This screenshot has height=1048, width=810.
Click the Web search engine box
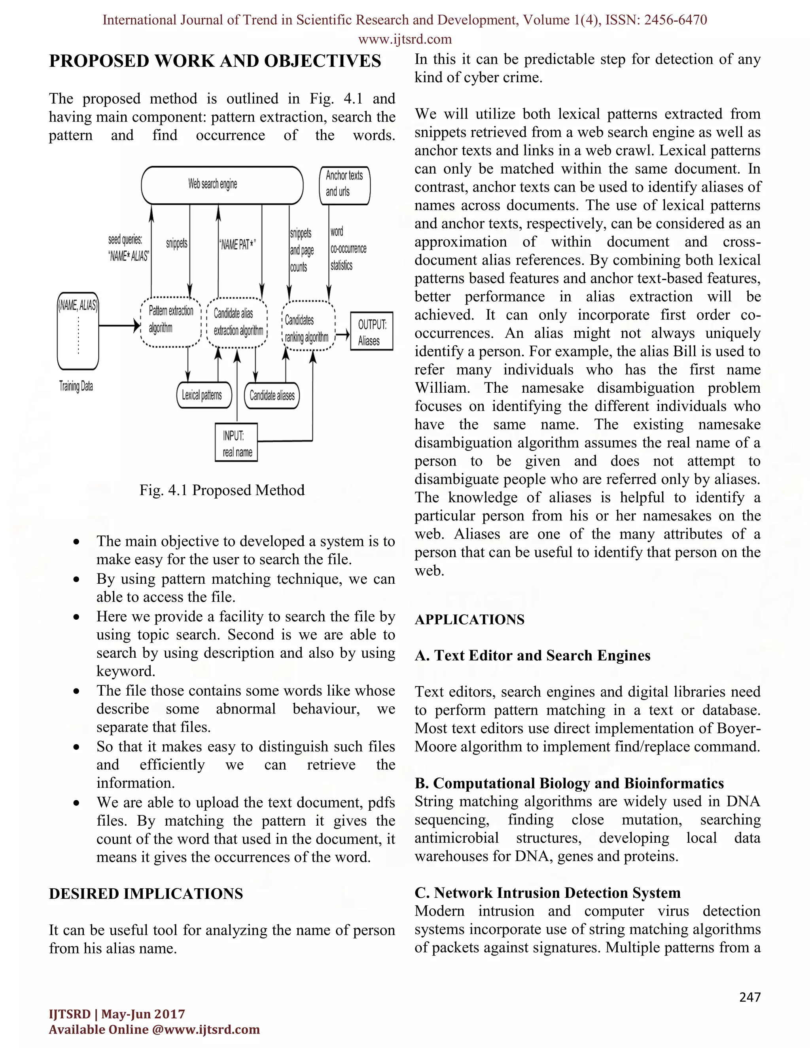pos(222,185)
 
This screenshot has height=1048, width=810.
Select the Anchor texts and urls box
pos(344,185)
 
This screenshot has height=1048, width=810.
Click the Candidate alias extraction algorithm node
pos(237,322)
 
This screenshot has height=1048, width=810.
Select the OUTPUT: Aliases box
pos(371,331)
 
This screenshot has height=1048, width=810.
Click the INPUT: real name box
pos(236,443)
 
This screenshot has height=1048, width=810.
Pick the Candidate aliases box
pos(272,395)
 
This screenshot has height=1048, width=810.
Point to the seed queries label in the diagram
pos(128,248)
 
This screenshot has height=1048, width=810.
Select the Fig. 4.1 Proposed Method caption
pos(222,490)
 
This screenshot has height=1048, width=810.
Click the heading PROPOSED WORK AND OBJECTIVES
pos(215,61)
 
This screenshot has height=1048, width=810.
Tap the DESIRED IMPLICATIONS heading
pos(146,893)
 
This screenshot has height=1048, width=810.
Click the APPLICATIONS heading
pos(469,619)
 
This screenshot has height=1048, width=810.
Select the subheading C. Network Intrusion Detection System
pos(547,893)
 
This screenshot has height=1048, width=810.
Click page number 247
pos(749,997)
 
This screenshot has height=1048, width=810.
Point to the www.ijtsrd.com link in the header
pos(405,39)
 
